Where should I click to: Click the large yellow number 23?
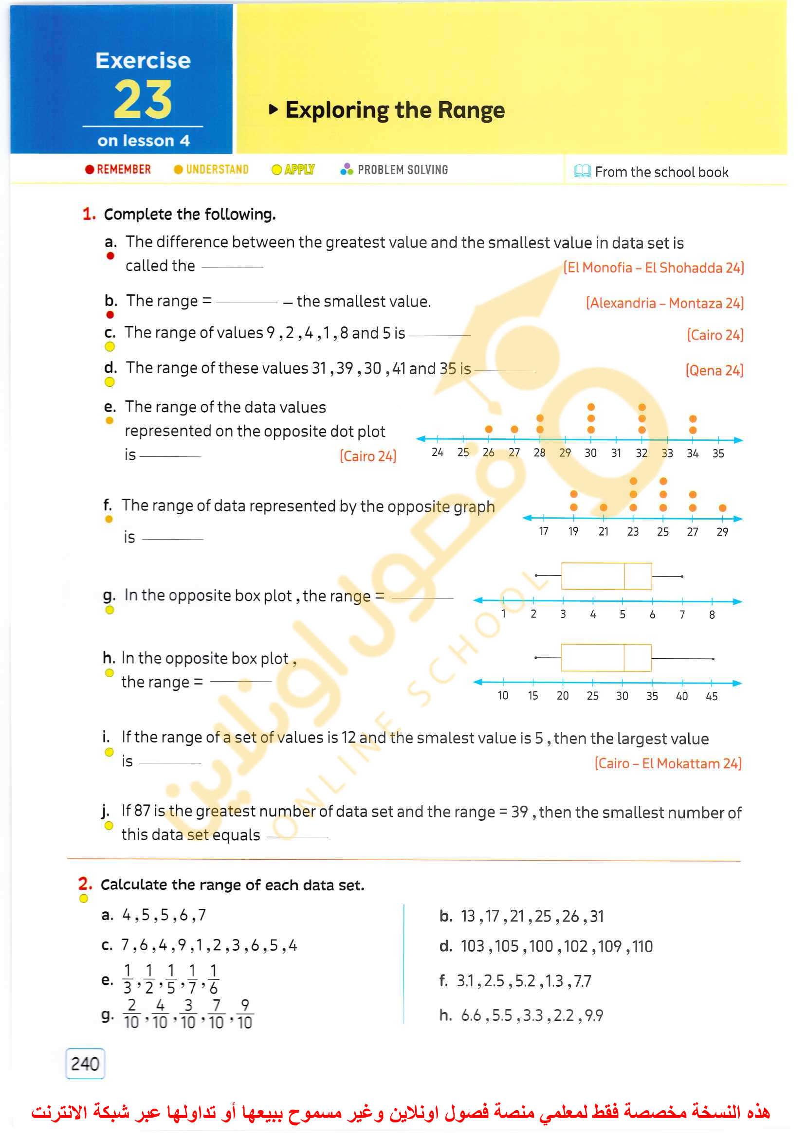tap(143, 100)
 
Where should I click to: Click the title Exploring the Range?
tap(395, 110)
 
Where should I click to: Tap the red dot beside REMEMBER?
tap(90, 170)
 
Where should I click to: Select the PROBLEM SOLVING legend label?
tap(402, 170)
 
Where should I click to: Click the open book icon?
tap(582, 171)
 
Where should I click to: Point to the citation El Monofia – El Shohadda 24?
tap(653, 268)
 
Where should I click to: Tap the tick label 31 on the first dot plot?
tap(616, 453)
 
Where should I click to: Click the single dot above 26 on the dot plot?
tap(489, 429)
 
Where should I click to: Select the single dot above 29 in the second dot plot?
tap(723, 508)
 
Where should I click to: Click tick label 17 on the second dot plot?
tap(544, 532)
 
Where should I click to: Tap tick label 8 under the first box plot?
tap(712, 615)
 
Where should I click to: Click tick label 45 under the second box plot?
tap(712, 697)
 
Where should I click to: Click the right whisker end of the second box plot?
tap(713, 659)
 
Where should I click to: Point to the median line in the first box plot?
tap(624, 576)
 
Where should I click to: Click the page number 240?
tap(85, 1064)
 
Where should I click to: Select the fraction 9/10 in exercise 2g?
tap(245, 1014)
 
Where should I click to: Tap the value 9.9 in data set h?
tap(594, 1015)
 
